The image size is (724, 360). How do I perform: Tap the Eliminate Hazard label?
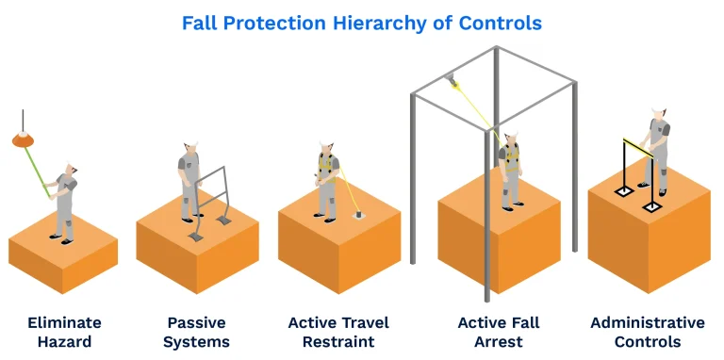[64, 332]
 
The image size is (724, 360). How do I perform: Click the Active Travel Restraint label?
[338, 332]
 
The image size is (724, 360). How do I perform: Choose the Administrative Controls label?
[647, 332]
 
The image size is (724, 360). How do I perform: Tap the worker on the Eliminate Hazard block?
[65, 203]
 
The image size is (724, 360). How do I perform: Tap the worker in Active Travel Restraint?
[327, 179]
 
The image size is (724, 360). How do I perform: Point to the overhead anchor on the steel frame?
[455, 82]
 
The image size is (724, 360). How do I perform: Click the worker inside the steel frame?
[510, 168]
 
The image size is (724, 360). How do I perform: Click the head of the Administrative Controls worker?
[658, 114]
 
